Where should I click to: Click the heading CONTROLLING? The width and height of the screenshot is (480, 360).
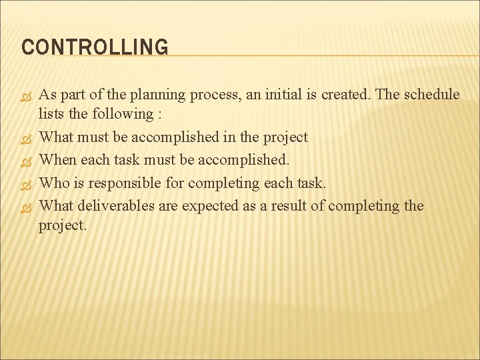[x=95, y=47]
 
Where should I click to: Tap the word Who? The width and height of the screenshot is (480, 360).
[x=54, y=183]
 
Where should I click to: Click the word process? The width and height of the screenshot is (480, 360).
[x=217, y=95]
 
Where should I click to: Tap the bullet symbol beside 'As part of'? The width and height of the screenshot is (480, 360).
[x=27, y=95]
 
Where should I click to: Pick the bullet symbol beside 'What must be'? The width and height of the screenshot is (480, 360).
[x=27, y=138]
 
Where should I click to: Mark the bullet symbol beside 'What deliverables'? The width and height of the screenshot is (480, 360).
[x=27, y=206]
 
